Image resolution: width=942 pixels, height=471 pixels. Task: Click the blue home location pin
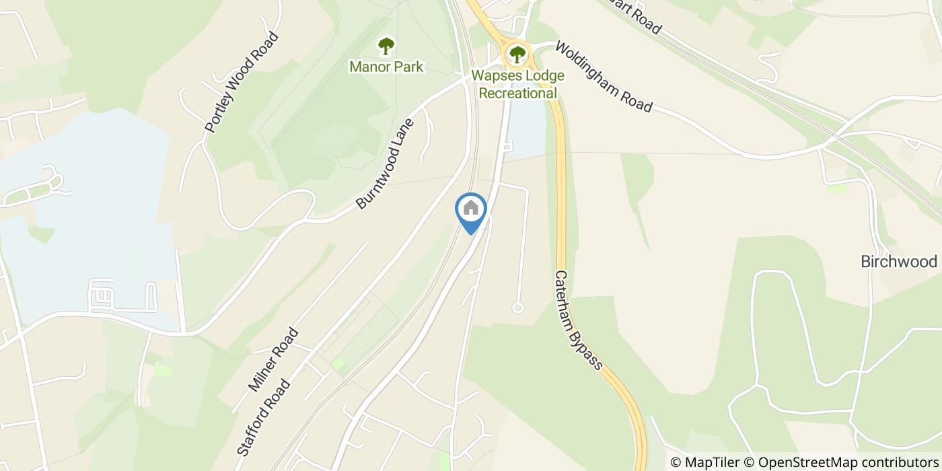(471, 209)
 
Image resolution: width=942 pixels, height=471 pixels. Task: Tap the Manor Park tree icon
(386, 46)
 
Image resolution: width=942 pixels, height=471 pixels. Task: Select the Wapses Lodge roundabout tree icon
(517, 54)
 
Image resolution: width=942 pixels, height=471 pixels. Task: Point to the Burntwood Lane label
(385, 161)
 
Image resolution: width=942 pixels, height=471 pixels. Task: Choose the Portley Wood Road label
(241, 82)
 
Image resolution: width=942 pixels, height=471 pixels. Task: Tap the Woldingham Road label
(604, 78)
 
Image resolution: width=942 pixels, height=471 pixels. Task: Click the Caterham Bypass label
(578, 320)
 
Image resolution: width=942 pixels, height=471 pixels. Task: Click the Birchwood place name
(899, 262)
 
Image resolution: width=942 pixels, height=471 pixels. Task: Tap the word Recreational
(518, 94)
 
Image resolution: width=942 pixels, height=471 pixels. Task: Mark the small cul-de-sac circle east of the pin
(517, 307)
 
